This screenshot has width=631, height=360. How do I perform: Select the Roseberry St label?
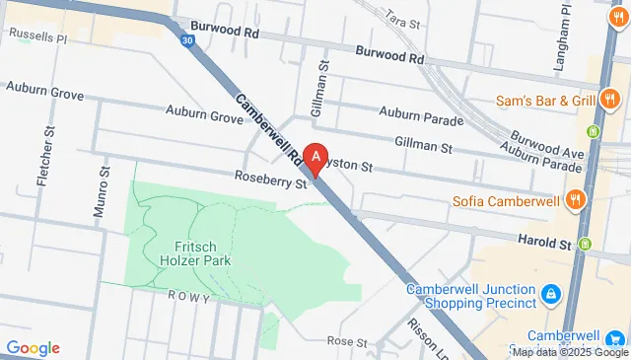266,179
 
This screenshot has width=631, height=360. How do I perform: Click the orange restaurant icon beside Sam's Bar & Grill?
611,98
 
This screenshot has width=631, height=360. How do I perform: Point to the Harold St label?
545,242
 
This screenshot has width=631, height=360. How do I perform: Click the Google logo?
33,347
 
